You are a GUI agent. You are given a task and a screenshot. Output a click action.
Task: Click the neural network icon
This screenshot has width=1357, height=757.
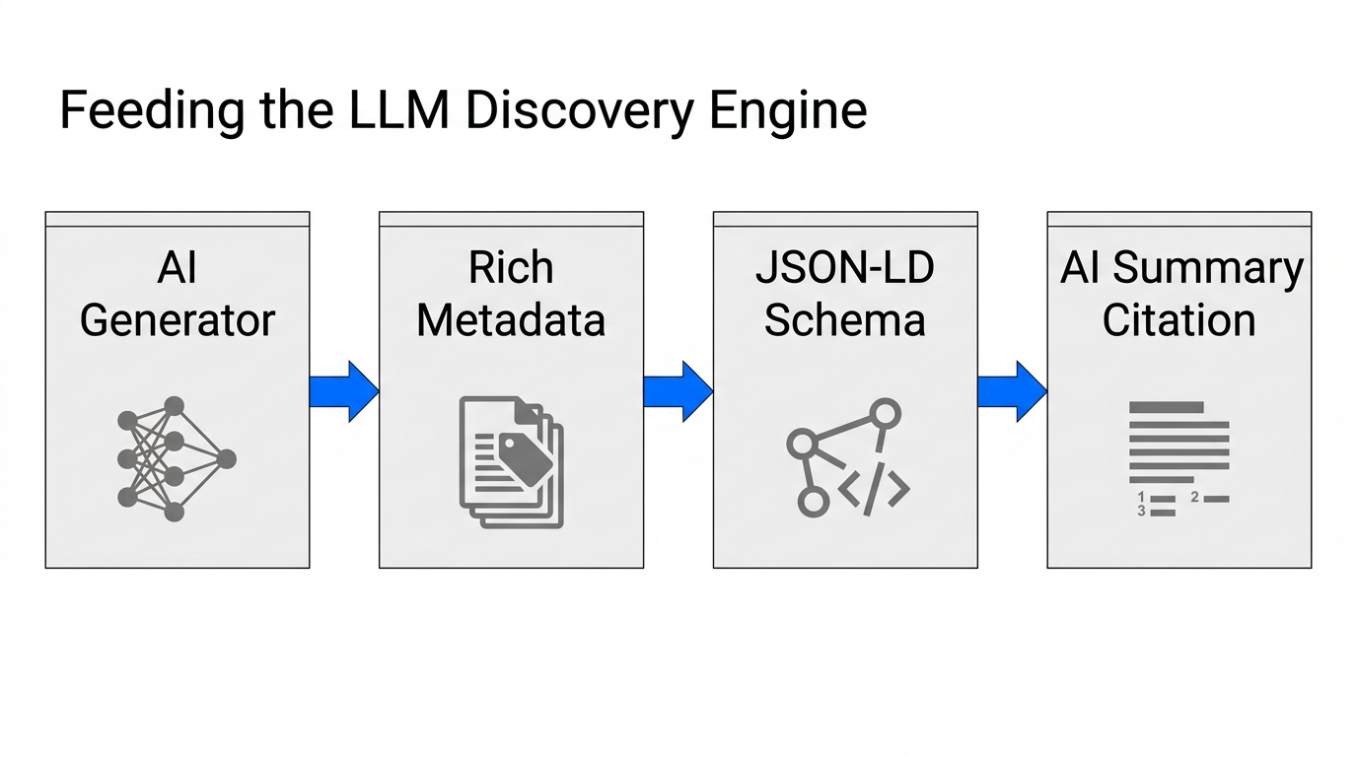click(x=176, y=459)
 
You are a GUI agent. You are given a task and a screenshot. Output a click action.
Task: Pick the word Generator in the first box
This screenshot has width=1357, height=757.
click(x=178, y=320)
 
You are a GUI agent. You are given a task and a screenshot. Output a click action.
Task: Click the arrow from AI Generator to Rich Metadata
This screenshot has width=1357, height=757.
click(x=343, y=391)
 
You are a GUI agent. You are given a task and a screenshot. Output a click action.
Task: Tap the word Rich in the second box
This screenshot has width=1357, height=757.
click(x=511, y=267)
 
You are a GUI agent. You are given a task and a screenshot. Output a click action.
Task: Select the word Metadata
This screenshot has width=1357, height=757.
click(x=511, y=320)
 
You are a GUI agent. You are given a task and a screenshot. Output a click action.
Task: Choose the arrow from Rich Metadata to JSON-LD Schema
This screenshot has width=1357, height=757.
click(x=678, y=391)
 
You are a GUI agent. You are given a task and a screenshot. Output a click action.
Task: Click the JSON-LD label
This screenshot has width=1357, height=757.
click(x=845, y=267)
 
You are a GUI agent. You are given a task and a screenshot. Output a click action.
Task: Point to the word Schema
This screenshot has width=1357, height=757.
click(x=845, y=320)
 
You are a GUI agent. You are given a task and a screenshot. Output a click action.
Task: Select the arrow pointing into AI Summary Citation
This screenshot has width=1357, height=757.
click(x=1012, y=391)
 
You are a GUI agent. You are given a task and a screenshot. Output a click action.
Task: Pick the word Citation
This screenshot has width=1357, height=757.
click(x=1178, y=320)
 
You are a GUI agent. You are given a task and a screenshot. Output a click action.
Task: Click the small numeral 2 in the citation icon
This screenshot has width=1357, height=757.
click(x=1194, y=498)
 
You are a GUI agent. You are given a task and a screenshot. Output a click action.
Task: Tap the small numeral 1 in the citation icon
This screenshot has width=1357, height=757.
click(x=1141, y=498)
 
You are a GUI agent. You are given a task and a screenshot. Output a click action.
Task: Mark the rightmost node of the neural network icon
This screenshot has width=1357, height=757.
click(x=226, y=459)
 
